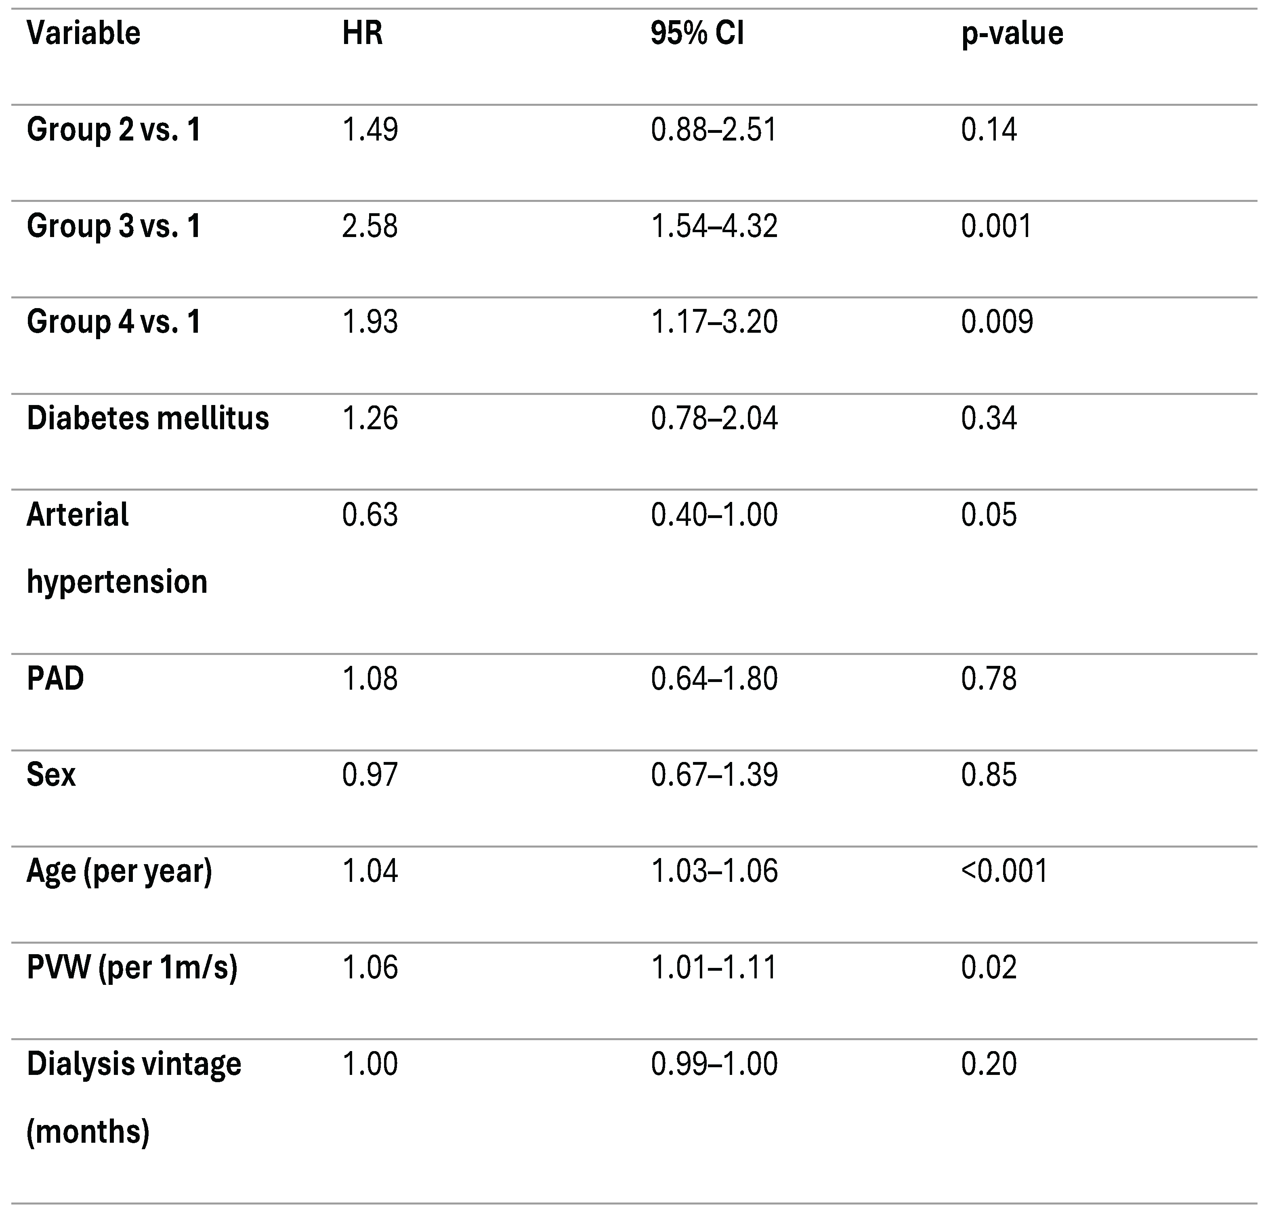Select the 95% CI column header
pyautogui.click(x=697, y=33)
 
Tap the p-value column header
pyautogui.click(x=1012, y=33)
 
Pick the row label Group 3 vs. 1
pyautogui.click(x=114, y=226)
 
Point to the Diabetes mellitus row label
pyautogui.click(x=147, y=419)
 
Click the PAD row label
pyautogui.click(x=56, y=679)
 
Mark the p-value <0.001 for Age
pyautogui.click(x=1004, y=871)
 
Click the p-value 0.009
pyautogui.click(x=997, y=322)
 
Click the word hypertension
pyautogui.click(x=117, y=582)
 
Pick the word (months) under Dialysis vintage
pyautogui.click(x=88, y=1131)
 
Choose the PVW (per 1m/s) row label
pyautogui.click(x=132, y=967)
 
